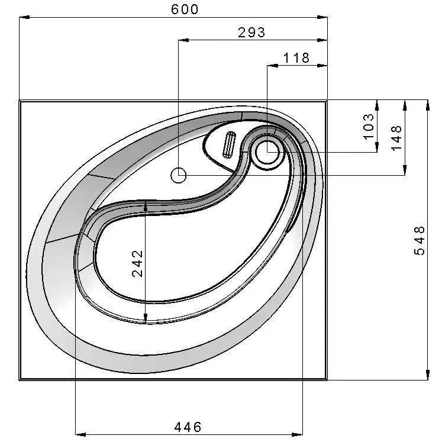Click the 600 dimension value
185,9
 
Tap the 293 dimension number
251,33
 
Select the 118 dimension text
296,58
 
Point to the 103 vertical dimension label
369,127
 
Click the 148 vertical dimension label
396,138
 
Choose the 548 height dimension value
420,241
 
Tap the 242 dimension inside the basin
138,263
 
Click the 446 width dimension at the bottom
188,427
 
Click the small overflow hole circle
179,175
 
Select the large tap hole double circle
267,152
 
